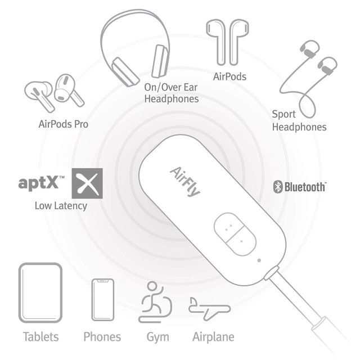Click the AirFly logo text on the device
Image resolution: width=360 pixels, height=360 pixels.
coord(185,182)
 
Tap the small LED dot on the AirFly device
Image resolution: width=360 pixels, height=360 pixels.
coord(259,260)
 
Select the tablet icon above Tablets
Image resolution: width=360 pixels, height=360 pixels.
coord(40,292)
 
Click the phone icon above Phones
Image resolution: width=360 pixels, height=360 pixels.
coord(103,300)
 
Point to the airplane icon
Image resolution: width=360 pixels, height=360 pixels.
coord(209,309)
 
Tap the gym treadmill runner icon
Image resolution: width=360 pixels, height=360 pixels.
coord(155,302)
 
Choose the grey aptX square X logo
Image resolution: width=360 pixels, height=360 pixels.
coord(87,183)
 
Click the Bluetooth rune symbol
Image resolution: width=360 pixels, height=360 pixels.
coord(278,187)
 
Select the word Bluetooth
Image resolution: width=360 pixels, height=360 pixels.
coord(305,187)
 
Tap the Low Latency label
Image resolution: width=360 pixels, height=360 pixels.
coord(61,206)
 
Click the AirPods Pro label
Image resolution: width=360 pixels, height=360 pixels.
coord(64,124)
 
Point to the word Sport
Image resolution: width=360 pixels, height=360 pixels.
coord(283,115)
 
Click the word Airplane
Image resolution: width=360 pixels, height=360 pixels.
coord(213,337)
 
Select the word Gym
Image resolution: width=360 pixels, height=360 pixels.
coord(157,337)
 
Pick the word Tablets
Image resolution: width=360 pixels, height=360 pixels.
coord(41,337)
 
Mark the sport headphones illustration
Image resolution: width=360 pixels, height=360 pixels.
coord(308,78)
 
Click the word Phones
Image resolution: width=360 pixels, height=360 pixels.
coord(102,337)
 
